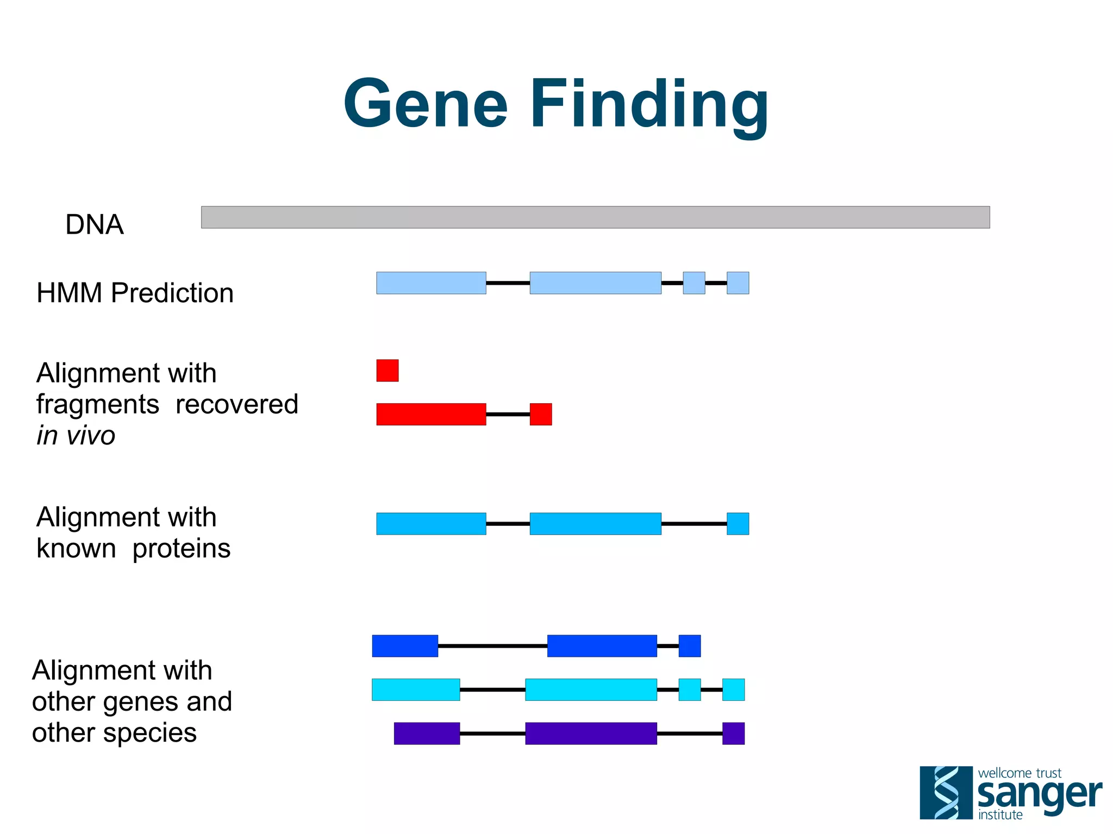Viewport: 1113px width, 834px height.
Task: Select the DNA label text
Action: click(x=95, y=224)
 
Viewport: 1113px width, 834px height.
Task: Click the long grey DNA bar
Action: click(x=595, y=217)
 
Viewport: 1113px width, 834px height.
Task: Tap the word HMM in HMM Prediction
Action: click(x=69, y=293)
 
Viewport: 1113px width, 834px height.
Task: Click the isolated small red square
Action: click(x=387, y=371)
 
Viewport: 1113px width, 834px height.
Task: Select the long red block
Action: click(x=431, y=414)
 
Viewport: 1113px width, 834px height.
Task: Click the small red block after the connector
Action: click(x=541, y=414)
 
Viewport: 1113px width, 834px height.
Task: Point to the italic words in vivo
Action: click(x=76, y=435)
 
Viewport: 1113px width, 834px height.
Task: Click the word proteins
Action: click(x=182, y=548)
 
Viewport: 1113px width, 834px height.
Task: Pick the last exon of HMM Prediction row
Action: click(x=737, y=283)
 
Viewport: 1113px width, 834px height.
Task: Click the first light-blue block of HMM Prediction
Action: click(x=431, y=283)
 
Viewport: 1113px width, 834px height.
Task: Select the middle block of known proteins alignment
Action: click(x=595, y=524)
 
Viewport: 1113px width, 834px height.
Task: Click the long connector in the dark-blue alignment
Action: click(x=492, y=646)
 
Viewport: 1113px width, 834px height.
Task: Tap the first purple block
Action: click(x=427, y=733)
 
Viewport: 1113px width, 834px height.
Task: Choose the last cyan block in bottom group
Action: click(x=733, y=689)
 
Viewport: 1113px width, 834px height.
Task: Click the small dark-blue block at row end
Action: click(x=689, y=646)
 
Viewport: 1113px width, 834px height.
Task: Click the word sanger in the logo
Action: click(x=1039, y=794)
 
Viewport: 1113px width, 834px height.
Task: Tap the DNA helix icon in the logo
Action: click(x=946, y=793)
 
